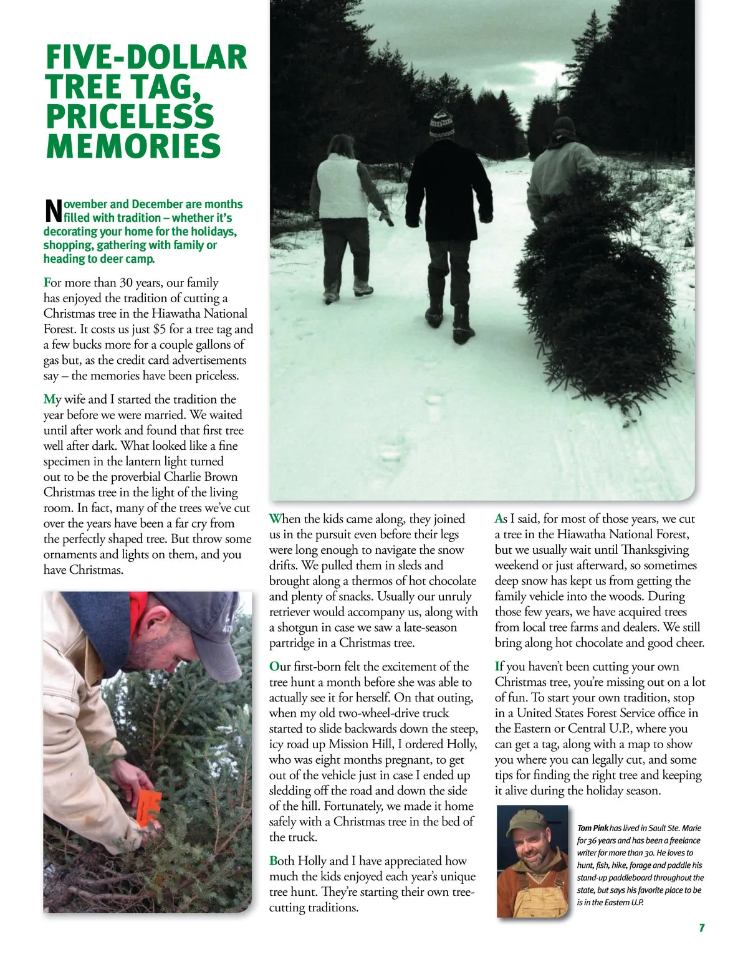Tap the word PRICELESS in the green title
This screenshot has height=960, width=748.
tap(130, 116)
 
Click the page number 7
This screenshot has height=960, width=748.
tap(701, 928)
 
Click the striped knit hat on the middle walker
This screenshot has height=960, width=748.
tap(441, 125)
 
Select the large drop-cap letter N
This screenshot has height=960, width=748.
tap(53, 211)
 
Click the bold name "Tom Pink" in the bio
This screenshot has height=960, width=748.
tap(592, 828)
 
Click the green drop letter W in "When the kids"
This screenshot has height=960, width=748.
tap(275, 518)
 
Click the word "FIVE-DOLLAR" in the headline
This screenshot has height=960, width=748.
tap(146, 57)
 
